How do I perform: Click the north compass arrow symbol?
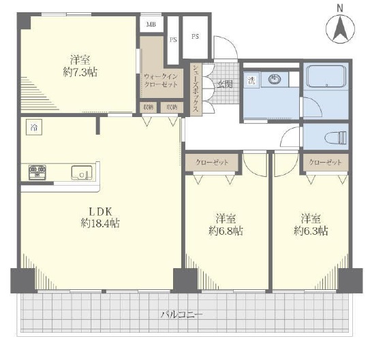(x=340, y=29)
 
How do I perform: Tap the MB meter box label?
(x=151, y=24)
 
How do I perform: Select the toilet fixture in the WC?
(x=335, y=137)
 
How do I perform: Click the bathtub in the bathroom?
(x=326, y=76)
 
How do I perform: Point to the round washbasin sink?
(x=275, y=79)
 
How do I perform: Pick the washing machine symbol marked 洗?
(x=251, y=80)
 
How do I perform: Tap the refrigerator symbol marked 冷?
(x=34, y=127)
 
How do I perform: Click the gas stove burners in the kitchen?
(x=37, y=172)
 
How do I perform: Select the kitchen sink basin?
(x=82, y=173)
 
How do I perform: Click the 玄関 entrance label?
(x=225, y=84)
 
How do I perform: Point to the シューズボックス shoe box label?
(x=196, y=89)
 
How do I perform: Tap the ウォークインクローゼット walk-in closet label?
(x=161, y=80)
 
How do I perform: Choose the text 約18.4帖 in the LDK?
(x=100, y=223)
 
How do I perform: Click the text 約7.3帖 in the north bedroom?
(x=80, y=72)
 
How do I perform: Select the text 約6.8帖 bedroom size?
(x=226, y=231)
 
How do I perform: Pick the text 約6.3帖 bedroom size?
(x=311, y=231)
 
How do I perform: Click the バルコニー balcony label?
(x=181, y=314)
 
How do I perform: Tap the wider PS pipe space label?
(x=195, y=37)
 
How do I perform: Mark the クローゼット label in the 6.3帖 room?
(x=325, y=162)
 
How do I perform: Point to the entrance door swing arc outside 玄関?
(x=230, y=42)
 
